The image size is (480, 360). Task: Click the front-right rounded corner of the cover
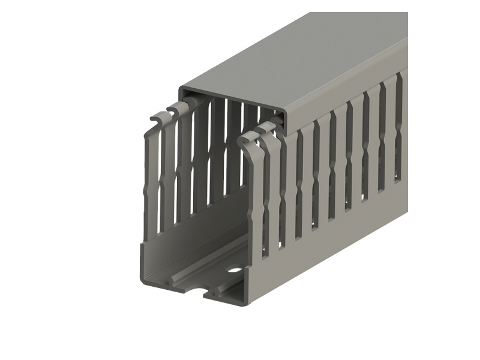289,114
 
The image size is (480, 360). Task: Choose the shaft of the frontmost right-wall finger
256,198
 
